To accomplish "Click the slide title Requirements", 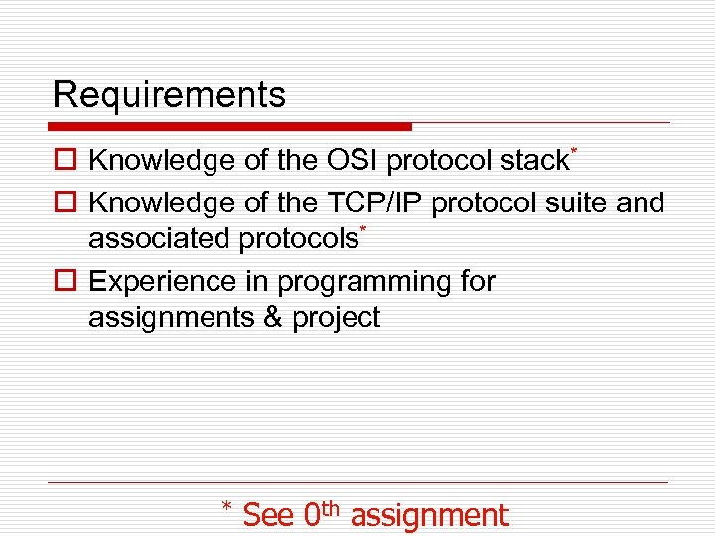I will click(x=169, y=95).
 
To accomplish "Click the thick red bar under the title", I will click(x=229, y=127).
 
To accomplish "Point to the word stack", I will click(x=536, y=160).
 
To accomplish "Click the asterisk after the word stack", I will click(x=574, y=151).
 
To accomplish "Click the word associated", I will click(x=160, y=239).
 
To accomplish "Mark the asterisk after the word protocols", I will click(x=363, y=230).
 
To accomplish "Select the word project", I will click(x=337, y=319).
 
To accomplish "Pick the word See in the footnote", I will click(x=268, y=515).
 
